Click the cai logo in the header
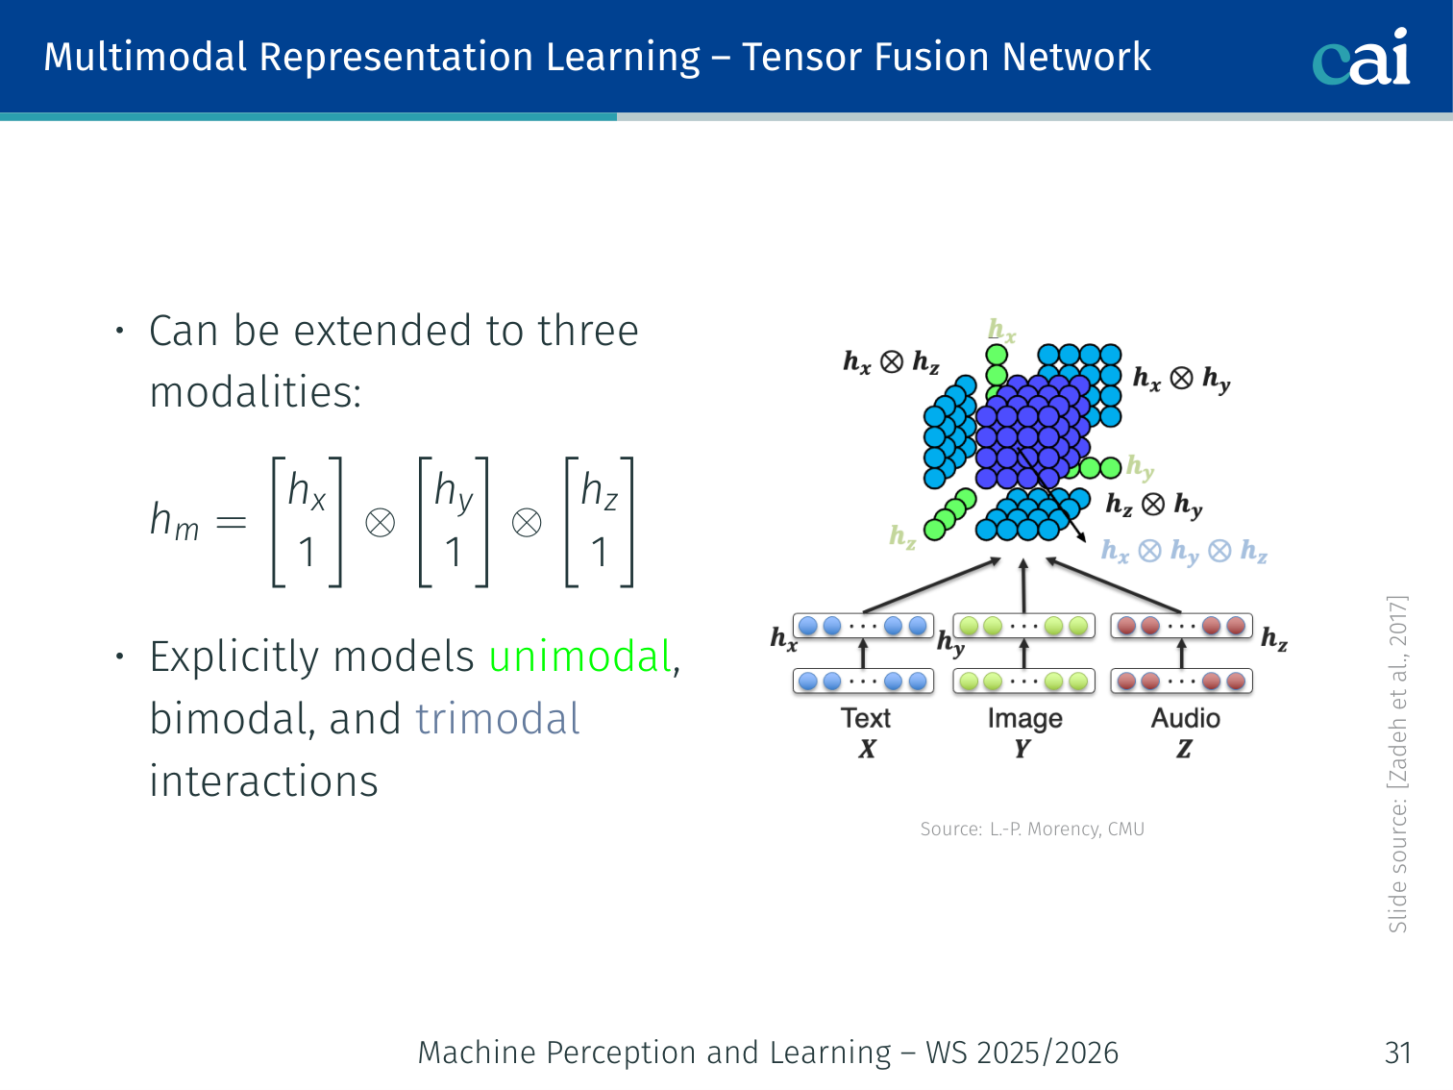coord(1361,57)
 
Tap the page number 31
coord(1397,1053)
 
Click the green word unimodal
coord(579,657)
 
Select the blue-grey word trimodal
coord(498,720)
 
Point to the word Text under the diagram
coord(866,718)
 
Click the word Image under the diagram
coord(1024,719)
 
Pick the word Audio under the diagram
coord(1185,718)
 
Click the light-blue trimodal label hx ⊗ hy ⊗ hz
coord(1184,552)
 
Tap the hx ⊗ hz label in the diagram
coord(891,362)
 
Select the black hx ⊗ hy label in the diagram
coord(1181,379)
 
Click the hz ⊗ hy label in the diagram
coord(1153,505)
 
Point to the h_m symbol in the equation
coord(174,522)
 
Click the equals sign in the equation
coord(231,523)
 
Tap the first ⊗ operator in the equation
coord(380,523)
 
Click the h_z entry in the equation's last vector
coord(599,491)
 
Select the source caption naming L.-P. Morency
coord(1032,830)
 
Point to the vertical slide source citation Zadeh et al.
coord(1397,764)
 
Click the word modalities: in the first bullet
coord(256,392)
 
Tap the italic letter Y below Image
coord(1022,749)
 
